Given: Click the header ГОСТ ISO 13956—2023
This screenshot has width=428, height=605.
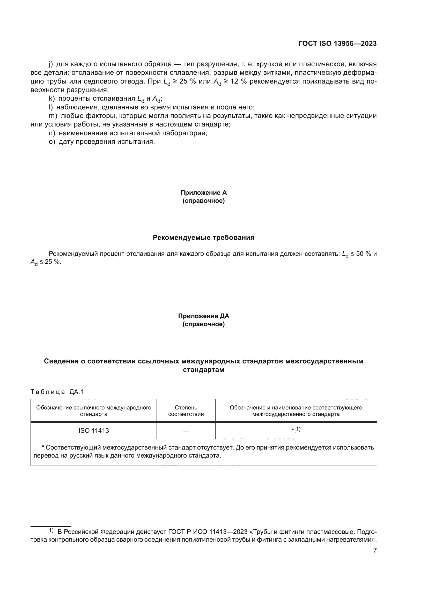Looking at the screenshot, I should pos(337,44).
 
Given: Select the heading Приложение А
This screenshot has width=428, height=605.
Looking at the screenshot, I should pos(203,193).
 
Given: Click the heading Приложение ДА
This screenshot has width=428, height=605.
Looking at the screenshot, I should pos(203,316).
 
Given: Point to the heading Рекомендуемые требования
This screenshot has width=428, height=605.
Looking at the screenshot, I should pos(203,237).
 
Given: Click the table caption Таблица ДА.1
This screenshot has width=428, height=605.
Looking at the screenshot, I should pos(57,392).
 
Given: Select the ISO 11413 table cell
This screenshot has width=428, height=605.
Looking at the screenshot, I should pos(94,431).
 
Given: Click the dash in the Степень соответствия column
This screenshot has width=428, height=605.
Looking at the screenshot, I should pos(186,431).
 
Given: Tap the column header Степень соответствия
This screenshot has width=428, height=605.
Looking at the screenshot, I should pos(186,411).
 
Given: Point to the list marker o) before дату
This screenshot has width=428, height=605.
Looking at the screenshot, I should pos(52,142).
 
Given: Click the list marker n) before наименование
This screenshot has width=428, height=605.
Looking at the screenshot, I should pos(52,133).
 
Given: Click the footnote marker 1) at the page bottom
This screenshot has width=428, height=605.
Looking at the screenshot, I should pos(51,530).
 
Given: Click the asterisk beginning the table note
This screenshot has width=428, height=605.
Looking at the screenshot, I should pos(43,447).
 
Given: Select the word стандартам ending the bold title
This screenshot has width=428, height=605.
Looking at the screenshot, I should pos(203,370).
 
